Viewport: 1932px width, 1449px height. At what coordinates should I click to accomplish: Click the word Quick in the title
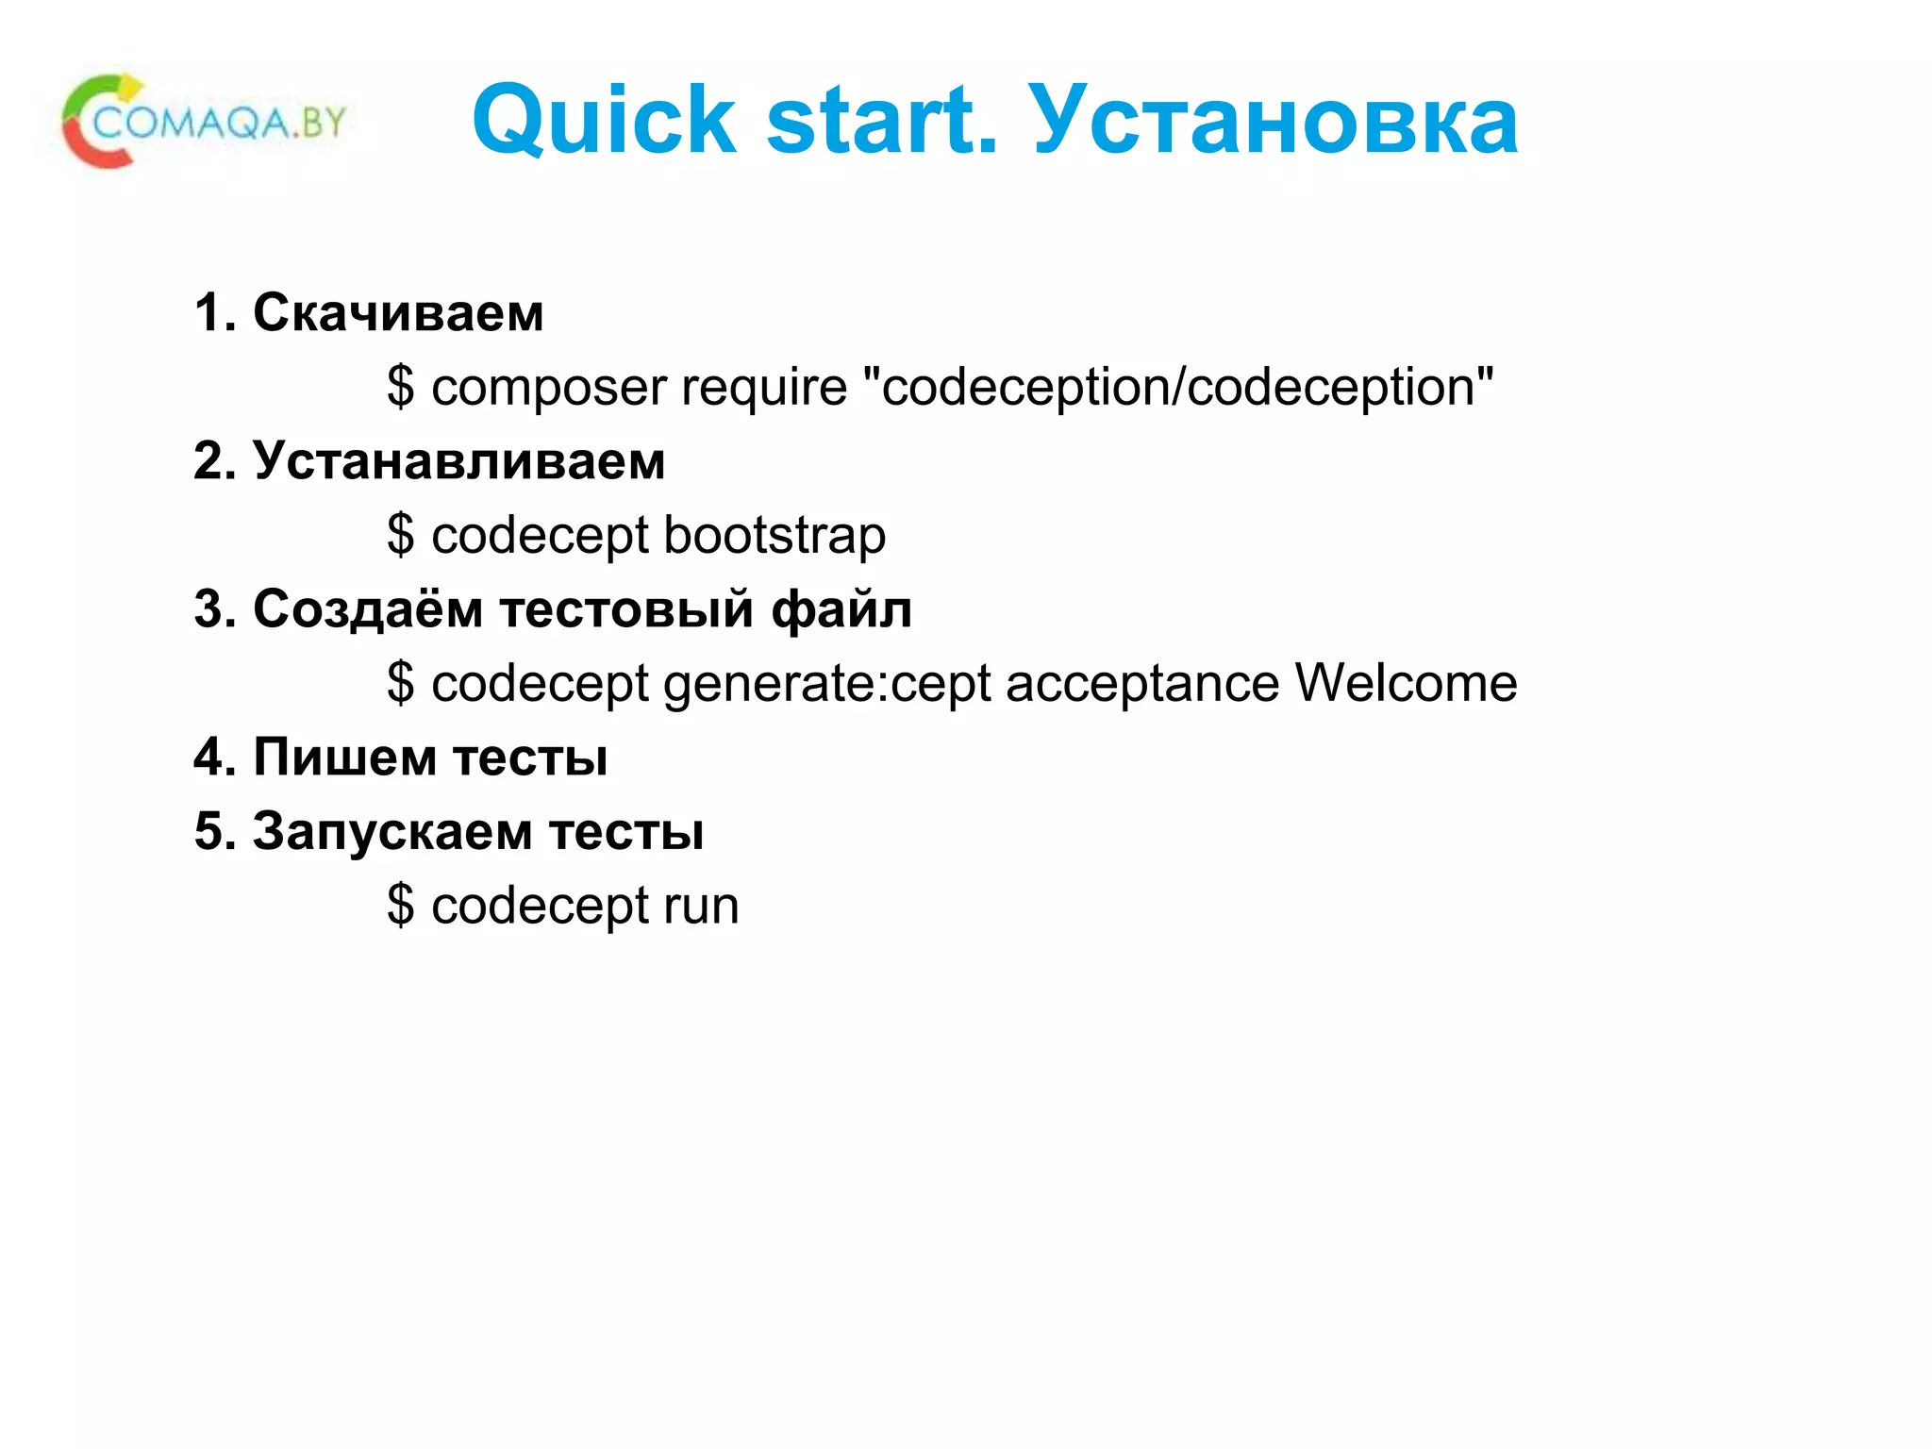pyautogui.click(x=604, y=120)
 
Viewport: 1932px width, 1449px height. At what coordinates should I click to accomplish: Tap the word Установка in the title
pyautogui.click(x=1273, y=120)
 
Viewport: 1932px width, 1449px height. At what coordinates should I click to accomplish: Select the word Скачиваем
pyautogui.click(x=398, y=312)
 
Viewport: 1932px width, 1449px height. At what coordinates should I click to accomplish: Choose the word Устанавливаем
pyautogui.click(x=458, y=461)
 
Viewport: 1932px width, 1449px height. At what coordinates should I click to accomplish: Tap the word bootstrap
pyautogui.click(x=774, y=536)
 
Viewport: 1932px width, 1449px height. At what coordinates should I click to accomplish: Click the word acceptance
pyautogui.click(x=1142, y=684)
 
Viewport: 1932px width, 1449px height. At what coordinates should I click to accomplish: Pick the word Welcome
pyautogui.click(x=1406, y=683)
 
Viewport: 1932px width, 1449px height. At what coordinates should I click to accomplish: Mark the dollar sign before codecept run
pyautogui.click(x=400, y=906)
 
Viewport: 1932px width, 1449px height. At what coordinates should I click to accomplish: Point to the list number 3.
pyautogui.click(x=208, y=609)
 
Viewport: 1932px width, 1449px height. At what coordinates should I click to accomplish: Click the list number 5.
pyautogui.click(x=208, y=831)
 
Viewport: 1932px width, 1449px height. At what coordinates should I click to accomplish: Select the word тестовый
pyautogui.click(x=626, y=609)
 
